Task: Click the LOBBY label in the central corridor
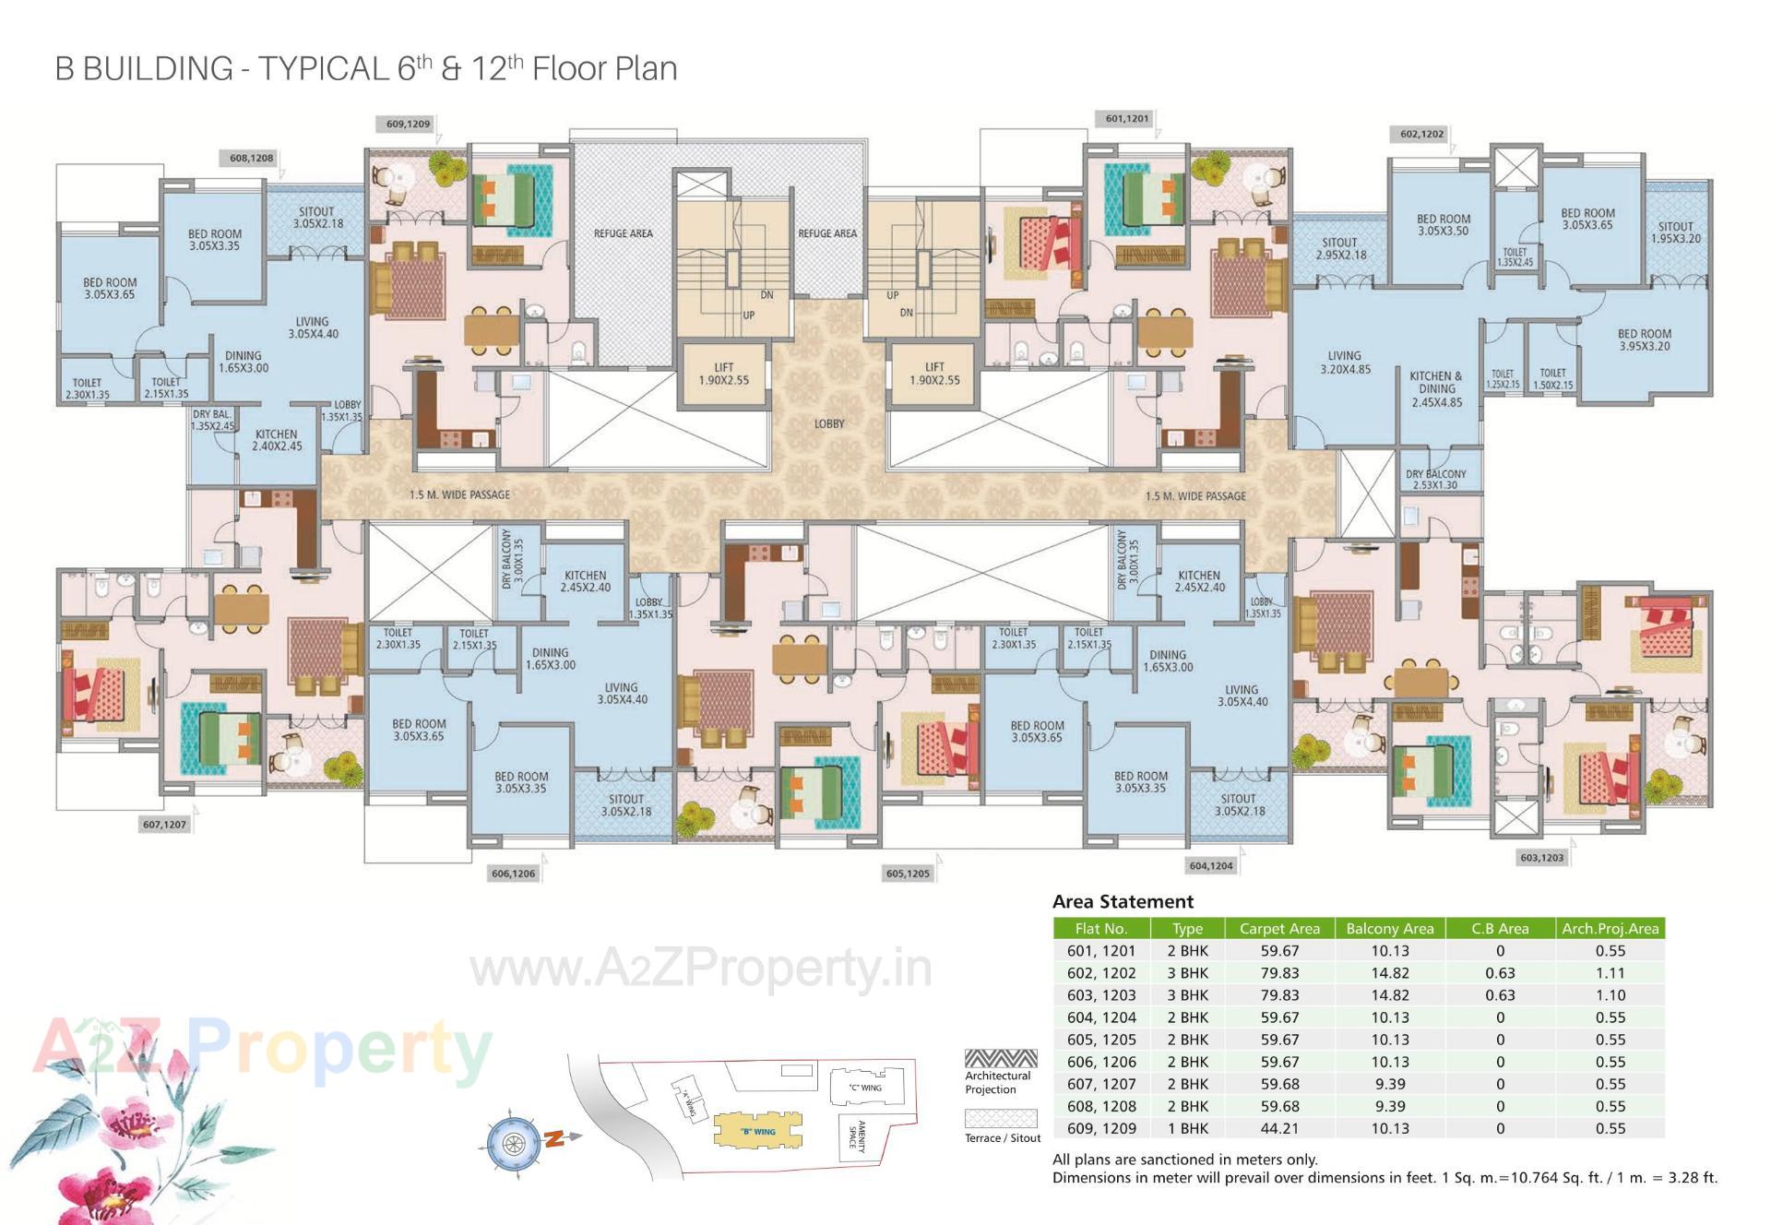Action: pos(828,423)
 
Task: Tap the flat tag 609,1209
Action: pos(408,124)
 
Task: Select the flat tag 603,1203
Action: pos(1541,857)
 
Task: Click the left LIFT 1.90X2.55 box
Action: pos(723,374)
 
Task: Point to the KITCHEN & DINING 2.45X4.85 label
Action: pos(1436,389)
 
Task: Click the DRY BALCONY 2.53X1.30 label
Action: pos(1435,479)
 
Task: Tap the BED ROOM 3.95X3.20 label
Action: pos(1644,339)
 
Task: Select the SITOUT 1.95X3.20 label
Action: pos(1675,232)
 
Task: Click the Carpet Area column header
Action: pos(1278,928)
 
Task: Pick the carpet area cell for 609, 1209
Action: pos(1278,1128)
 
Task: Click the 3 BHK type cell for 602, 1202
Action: pos(1187,973)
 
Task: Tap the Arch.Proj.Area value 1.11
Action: pos(1610,973)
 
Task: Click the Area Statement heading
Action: pos(1123,901)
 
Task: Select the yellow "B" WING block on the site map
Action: pos(757,1131)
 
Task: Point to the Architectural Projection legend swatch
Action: pos(1001,1058)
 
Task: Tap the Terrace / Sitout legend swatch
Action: pos(1001,1118)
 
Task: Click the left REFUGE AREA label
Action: pos(623,233)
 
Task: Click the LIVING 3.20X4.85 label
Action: pos(1344,362)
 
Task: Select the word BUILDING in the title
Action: pos(158,69)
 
